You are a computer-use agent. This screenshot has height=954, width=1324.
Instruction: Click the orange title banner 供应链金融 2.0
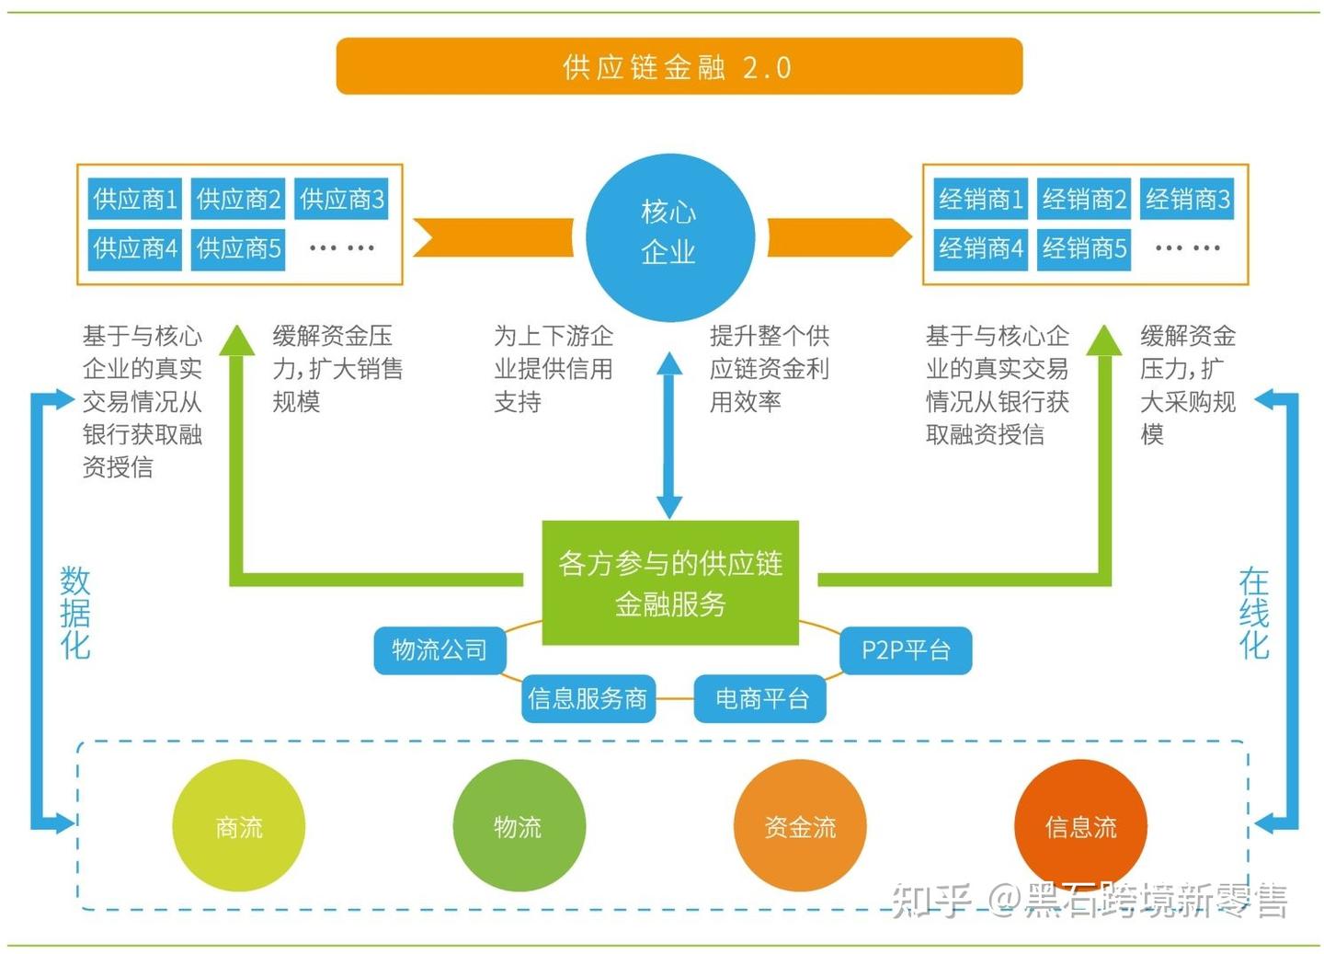(x=679, y=66)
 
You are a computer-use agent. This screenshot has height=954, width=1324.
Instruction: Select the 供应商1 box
(x=135, y=199)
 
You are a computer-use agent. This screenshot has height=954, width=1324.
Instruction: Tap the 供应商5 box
(x=238, y=248)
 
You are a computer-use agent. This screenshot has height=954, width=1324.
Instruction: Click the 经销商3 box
(x=1187, y=199)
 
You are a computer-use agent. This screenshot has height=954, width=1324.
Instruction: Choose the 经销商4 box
(x=980, y=248)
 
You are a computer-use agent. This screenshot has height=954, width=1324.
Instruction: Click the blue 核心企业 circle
(x=669, y=236)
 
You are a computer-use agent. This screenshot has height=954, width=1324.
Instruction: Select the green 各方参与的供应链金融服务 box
(x=669, y=583)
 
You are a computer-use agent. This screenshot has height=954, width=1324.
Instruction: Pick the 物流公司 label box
(x=439, y=650)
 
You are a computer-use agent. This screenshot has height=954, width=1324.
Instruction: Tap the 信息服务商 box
(x=588, y=699)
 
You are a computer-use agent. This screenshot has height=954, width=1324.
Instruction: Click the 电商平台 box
(x=761, y=699)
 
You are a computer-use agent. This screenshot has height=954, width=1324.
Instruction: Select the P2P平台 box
(x=906, y=650)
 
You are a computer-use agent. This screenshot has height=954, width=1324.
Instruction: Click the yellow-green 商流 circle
(x=238, y=826)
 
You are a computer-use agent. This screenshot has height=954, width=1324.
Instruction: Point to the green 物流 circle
(x=519, y=826)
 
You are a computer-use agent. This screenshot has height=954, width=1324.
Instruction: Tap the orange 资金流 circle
(x=800, y=826)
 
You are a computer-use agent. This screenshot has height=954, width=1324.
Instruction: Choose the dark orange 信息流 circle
(x=1080, y=826)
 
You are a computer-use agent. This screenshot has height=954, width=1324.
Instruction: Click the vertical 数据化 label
(x=75, y=613)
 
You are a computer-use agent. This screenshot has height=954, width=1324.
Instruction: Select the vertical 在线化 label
(x=1253, y=613)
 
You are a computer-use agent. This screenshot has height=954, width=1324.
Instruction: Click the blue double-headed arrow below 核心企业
(x=669, y=436)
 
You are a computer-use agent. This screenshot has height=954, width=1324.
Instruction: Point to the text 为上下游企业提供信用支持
(x=553, y=368)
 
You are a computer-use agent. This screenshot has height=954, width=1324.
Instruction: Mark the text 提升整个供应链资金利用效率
(x=769, y=368)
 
